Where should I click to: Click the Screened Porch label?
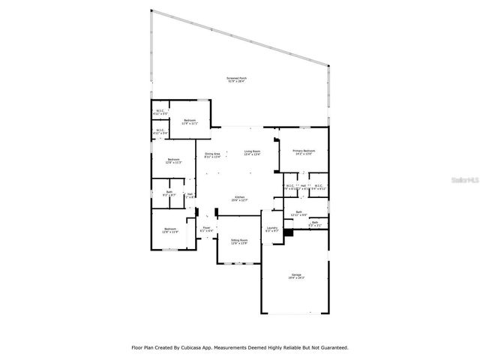(x=238, y=78)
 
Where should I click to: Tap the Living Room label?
(x=251, y=152)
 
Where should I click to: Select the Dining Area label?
(x=212, y=154)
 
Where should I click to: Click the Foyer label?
(x=206, y=228)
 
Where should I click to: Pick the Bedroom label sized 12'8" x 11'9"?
(x=170, y=229)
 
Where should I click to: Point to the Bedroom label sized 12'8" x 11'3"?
(x=173, y=159)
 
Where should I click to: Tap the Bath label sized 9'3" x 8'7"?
(x=169, y=193)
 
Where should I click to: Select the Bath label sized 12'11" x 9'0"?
(x=298, y=212)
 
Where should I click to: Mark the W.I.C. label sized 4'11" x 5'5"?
(x=160, y=111)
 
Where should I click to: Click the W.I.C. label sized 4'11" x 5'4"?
(x=160, y=131)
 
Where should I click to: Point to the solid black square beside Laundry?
(x=288, y=231)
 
